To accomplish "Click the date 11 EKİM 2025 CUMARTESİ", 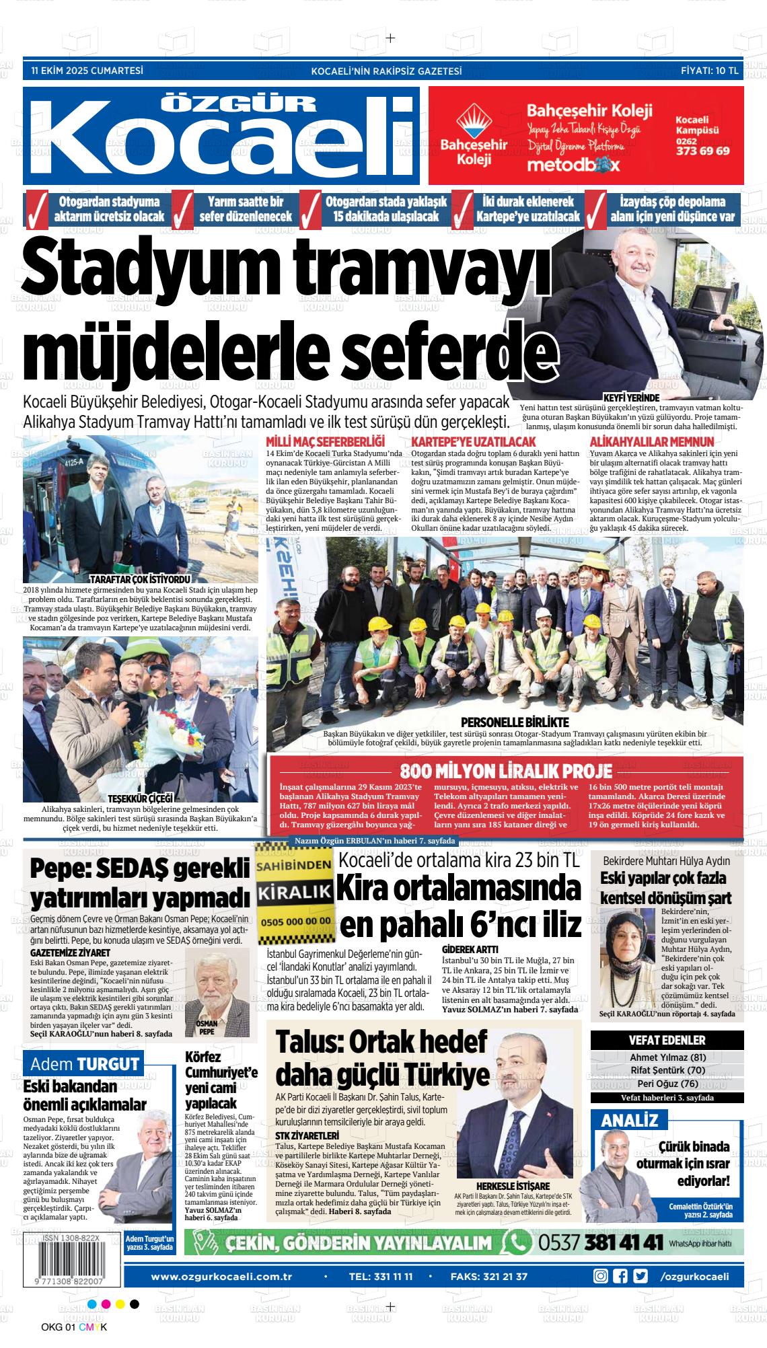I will tap(87, 70).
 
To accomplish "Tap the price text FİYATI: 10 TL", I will tap(709, 70).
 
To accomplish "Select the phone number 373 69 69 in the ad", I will tap(702, 151).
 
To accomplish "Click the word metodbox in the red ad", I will tap(573, 165).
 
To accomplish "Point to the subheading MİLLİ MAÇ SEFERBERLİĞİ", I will tap(325, 442).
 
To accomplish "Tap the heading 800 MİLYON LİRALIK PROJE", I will tap(506, 771).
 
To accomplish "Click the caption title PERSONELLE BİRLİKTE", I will tap(515, 722).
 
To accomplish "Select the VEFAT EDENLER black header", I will tap(667, 1040).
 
